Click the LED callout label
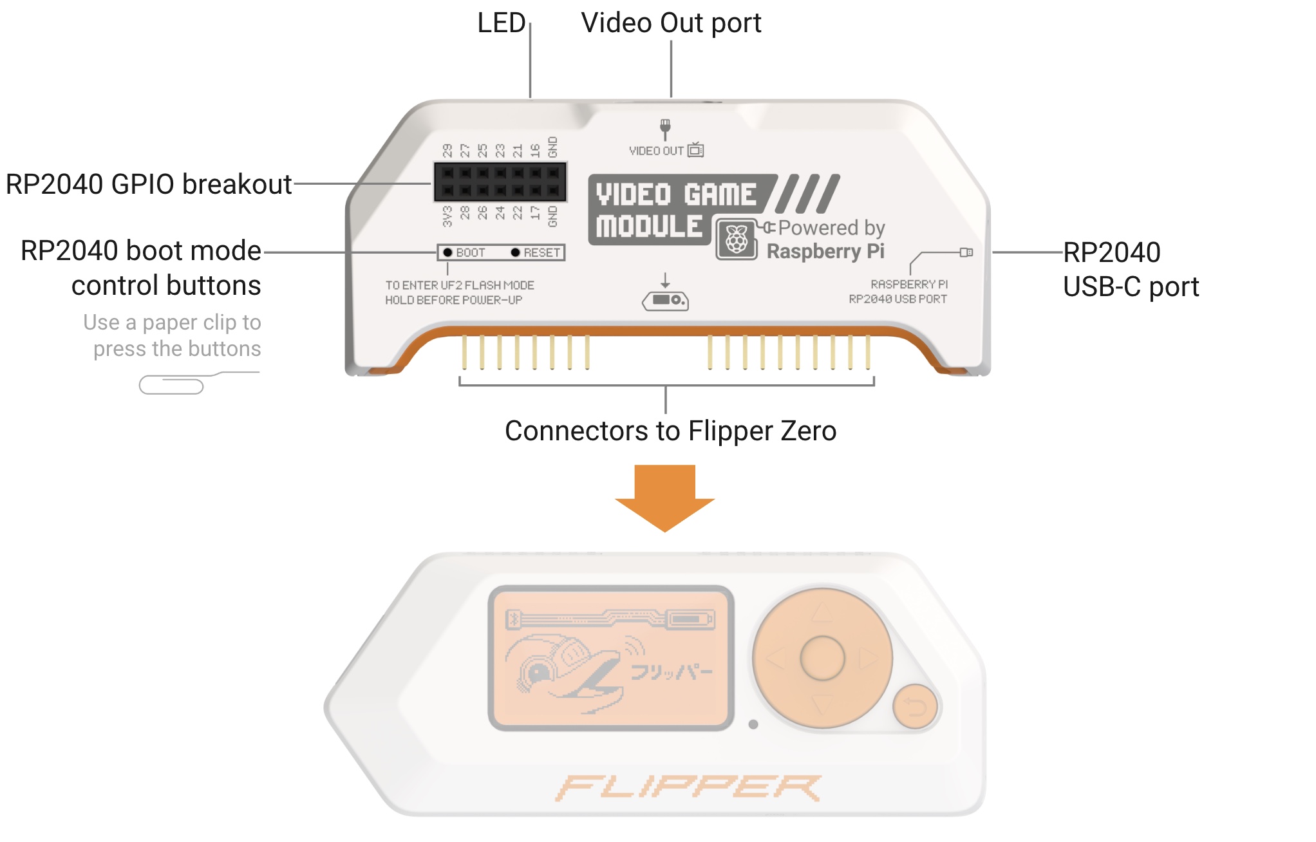[x=501, y=23]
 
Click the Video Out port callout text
[x=670, y=23]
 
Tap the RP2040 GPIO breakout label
[x=148, y=184]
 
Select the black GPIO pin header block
[x=500, y=182]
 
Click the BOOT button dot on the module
[x=447, y=252]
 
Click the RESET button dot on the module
[x=515, y=252]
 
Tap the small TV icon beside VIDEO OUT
[x=695, y=150]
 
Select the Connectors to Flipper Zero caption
[x=670, y=431]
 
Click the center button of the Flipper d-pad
[x=822, y=658]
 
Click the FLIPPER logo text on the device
[x=688, y=787]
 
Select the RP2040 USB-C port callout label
[x=1130, y=269]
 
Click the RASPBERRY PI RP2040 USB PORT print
[x=898, y=292]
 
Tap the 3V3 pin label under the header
[x=447, y=217]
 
